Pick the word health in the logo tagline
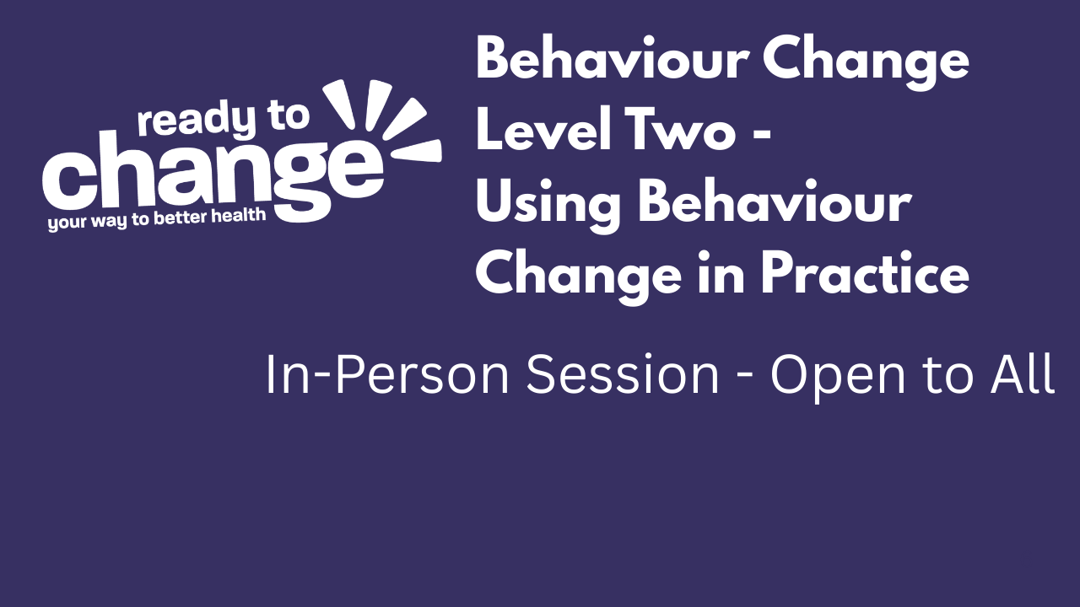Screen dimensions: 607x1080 point(241,216)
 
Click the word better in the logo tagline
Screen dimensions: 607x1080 point(186,218)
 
